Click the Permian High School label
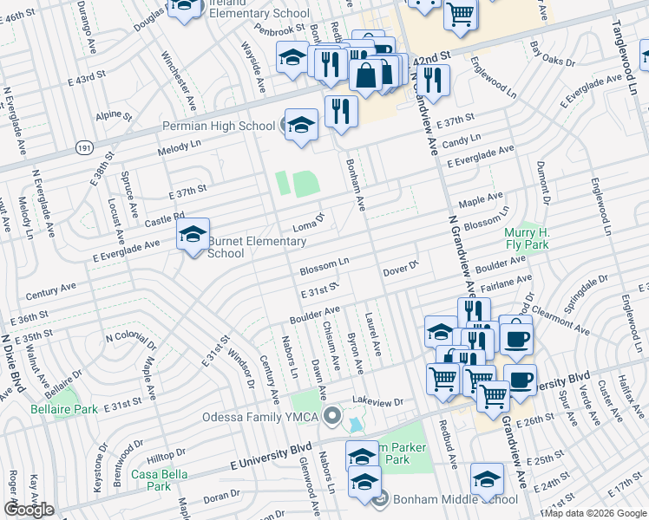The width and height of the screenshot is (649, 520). pyautogui.click(x=219, y=127)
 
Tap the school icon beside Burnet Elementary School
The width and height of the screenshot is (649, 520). pyautogui.click(x=193, y=233)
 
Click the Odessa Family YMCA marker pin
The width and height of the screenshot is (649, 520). pyautogui.click(x=331, y=417)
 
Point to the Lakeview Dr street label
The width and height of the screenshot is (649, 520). pyautogui.click(x=378, y=402)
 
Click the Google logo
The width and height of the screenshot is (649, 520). pyautogui.click(x=29, y=510)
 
